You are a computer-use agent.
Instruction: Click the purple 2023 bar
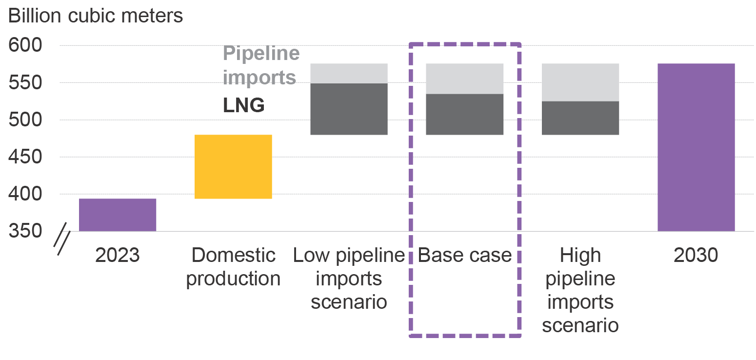click(x=118, y=215)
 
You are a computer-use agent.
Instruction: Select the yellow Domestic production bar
click(x=233, y=167)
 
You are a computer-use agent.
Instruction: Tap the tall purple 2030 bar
click(x=696, y=147)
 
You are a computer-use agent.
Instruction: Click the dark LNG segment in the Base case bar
click(x=465, y=114)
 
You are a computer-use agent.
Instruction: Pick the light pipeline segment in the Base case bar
click(x=465, y=79)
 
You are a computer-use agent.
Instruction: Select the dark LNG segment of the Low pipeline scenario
click(x=349, y=109)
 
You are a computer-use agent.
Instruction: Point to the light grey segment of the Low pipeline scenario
click(x=349, y=73)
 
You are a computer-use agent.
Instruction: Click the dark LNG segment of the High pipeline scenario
click(x=580, y=118)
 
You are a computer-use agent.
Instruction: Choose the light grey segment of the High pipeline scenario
click(x=580, y=82)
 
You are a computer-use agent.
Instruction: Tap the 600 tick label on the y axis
click(x=25, y=45)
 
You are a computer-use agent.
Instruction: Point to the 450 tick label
click(x=25, y=157)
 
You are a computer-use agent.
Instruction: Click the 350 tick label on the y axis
click(x=25, y=231)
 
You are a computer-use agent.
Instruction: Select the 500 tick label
click(x=25, y=120)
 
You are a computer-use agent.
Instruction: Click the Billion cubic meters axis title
click(x=96, y=16)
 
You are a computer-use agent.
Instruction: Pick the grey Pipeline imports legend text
click(x=261, y=65)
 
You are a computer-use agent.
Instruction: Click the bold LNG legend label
click(x=244, y=105)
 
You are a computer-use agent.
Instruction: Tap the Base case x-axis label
click(x=465, y=255)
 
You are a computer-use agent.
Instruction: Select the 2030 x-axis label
click(x=696, y=255)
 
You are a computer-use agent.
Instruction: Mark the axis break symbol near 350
click(x=62, y=239)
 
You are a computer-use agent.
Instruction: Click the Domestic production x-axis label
click(x=233, y=267)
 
